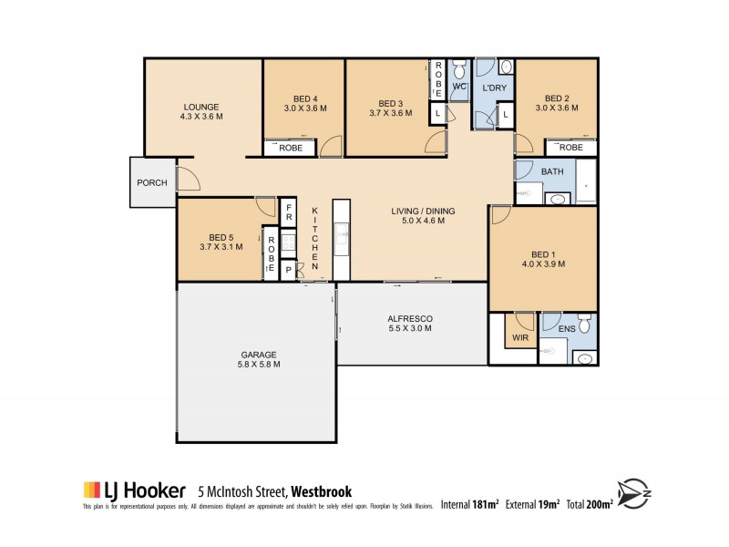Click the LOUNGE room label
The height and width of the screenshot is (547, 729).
pyautogui.click(x=201, y=107)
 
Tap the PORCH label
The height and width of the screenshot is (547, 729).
pyautogui.click(x=151, y=182)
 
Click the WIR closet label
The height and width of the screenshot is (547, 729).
pyautogui.click(x=519, y=337)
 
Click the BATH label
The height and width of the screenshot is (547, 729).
pyautogui.click(x=553, y=171)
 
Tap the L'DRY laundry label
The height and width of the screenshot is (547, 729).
pyautogui.click(x=494, y=88)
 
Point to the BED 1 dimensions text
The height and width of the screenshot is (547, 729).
pyautogui.click(x=544, y=264)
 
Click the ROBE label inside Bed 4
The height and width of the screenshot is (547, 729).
pyautogui.click(x=291, y=147)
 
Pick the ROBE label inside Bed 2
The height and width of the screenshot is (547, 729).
pyautogui.click(x=570, y=147)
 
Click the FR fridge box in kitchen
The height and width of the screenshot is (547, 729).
pyautogui.click(x=288, y=213)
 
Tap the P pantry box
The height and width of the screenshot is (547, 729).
pyautogui.click(x=288, y=270)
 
